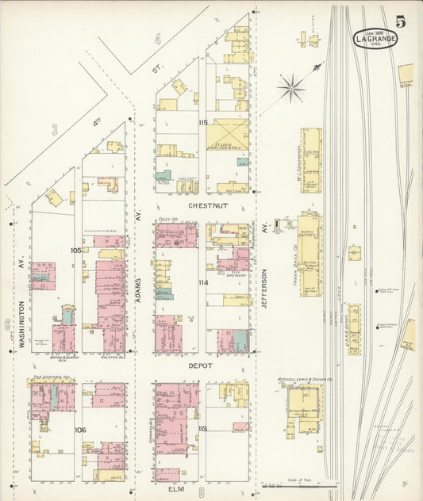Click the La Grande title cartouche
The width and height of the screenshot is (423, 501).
click(x=375, y=37)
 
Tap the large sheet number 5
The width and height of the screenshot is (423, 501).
click(x=401, y=21)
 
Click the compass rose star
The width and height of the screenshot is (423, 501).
click(x=291, y=88)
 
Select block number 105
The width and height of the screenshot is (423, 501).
click(x=75, y=250)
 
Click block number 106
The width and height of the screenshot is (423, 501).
click(x=79, y=430)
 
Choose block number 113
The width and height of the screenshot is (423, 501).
click(x=203, y=429)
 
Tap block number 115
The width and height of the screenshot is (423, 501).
click(x=203, y=122)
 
